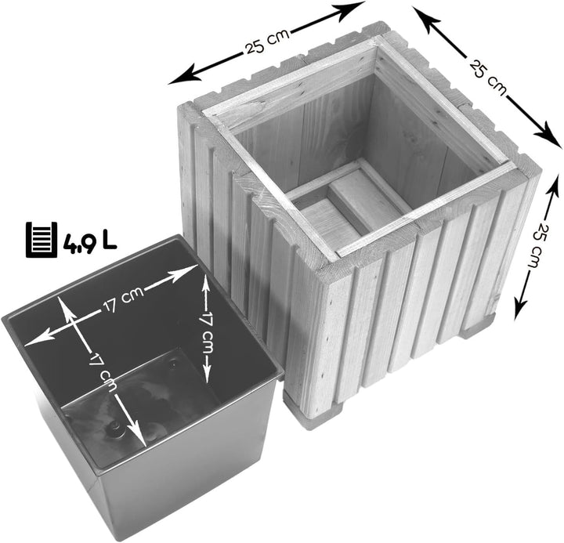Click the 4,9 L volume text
point(90,243)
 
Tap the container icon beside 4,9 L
point(42,239)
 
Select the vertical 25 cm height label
point(537,246)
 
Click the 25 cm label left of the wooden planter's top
point(266,42)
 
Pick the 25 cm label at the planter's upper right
point(487,78)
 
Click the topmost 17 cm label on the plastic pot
point(123,299)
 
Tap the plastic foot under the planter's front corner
point(313,413)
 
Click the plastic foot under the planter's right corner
point(479,327)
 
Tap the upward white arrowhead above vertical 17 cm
point(206,285)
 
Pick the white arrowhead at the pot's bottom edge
point(137,433)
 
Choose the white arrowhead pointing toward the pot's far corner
point(185,273)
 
